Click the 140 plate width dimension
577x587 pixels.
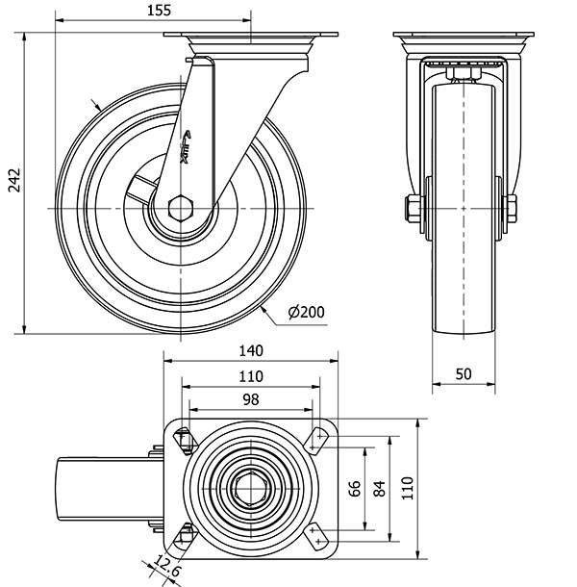(250, 352)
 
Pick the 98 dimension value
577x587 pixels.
(250, 398)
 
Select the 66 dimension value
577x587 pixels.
(355, 489)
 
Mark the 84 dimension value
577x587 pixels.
(379, 489)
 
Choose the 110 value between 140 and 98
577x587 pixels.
(250, 375)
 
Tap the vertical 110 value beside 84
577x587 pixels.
(406, 489)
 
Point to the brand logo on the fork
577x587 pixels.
(185, 144)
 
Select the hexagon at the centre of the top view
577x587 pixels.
(251, 489)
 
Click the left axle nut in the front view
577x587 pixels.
(414, 208)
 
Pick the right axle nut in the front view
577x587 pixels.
(511, 208)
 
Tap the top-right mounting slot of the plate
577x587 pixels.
(318, 440)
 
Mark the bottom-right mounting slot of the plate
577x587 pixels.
(318, 538)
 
